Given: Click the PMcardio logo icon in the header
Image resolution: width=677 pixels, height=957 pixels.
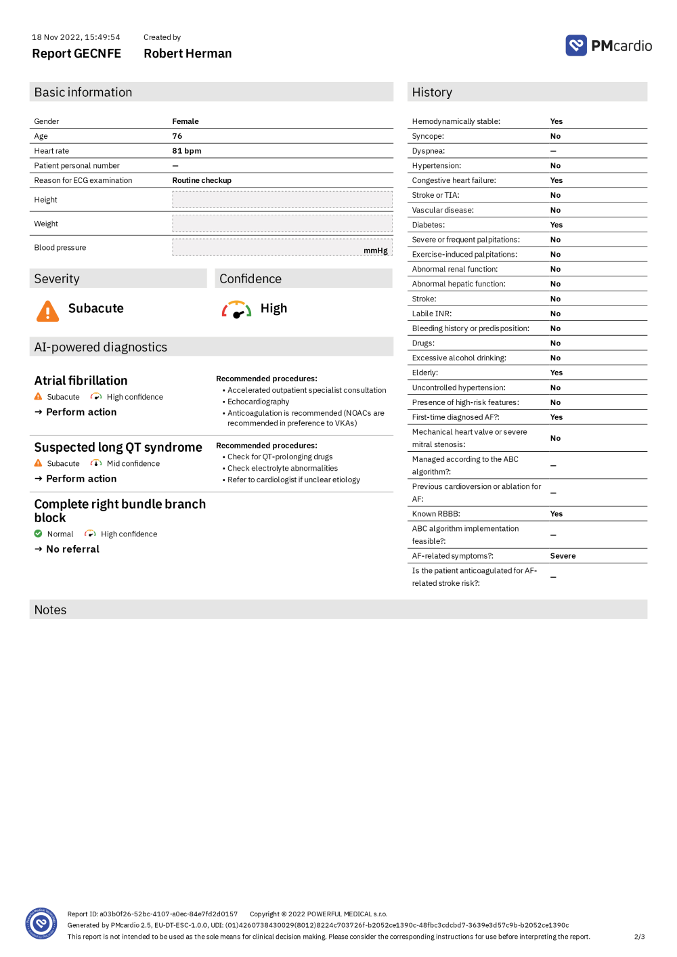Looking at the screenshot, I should tap(576, 45).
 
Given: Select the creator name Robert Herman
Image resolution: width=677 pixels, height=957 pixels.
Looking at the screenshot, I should tap(188, 54).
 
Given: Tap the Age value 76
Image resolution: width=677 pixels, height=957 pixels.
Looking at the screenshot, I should tap(177, 136).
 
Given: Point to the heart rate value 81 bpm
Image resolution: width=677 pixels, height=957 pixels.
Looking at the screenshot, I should tap(187, 151).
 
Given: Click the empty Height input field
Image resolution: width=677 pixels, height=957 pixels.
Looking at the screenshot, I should tap(282, 200).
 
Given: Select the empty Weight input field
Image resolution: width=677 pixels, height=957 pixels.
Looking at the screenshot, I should tap(282, 224).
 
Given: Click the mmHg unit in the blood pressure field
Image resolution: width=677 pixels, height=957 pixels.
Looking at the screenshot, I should tap(376, 251).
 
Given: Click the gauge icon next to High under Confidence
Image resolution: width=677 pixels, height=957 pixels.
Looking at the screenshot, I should tap(237, 310).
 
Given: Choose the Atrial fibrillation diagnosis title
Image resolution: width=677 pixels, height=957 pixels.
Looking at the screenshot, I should tap(81, 381).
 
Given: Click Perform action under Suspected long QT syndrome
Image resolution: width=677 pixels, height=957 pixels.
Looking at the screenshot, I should tap(81, 479).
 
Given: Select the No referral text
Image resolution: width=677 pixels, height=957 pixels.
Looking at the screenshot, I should tap(72, 549).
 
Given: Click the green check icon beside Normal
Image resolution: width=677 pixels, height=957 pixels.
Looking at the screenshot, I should tap(39, 534).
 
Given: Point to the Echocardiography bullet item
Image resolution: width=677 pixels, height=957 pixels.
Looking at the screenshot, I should tap(258, 402).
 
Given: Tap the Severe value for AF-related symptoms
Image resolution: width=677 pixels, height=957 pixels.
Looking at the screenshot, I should tap(563, 556).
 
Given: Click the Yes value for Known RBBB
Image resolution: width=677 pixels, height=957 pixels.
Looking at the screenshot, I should tap(556, 514).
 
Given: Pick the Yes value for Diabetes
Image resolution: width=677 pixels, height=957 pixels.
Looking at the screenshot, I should tap(556, 225).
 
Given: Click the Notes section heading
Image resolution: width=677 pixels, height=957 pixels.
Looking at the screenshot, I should tap(51, 610).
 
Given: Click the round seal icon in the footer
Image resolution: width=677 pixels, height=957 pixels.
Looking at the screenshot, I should tap(41, 924).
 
